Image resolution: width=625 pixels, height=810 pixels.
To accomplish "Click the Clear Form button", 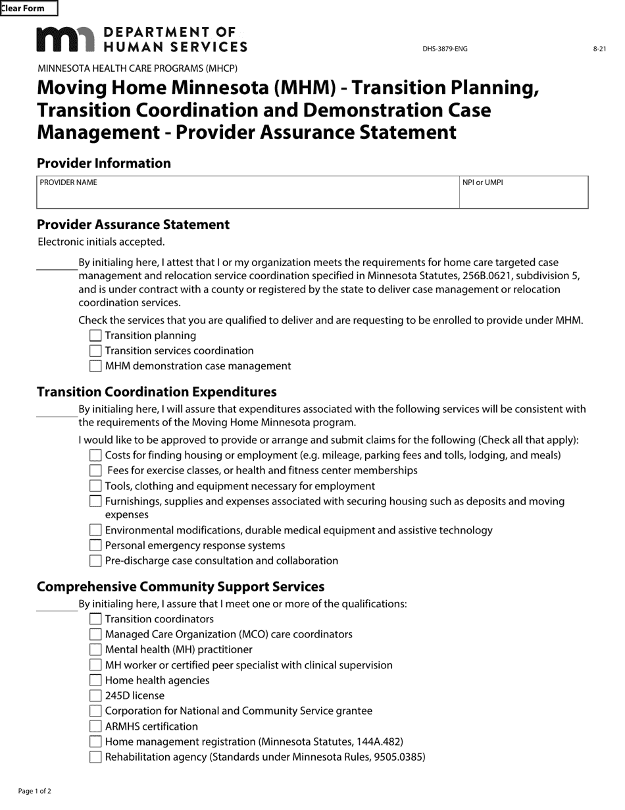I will pyautogui.click(x=28, y=9).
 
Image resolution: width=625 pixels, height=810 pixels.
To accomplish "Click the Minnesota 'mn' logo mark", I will pyautogui.click(x=65, y=40).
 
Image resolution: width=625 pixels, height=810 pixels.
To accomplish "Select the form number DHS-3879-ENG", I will pyautogui.click(x=445, y=49).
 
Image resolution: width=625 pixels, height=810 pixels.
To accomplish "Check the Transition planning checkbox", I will pyautogui.click(x=95, y=336).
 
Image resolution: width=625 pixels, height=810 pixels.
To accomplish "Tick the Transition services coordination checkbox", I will pyautogui.click(x=95, y=351).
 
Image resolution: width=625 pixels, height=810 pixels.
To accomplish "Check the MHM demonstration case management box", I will pyautogui.click(x=95, y=366).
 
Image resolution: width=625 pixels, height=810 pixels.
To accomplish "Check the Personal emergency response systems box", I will pyautogui.click(x=95, y=545).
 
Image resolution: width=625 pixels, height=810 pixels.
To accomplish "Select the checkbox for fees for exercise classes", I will pyautogui.click(x=95, y=471).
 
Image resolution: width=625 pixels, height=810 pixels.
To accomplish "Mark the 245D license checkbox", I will pyautogui.click(x=95, y=696).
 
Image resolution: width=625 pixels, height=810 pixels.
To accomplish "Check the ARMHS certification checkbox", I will pyautogui.click(x=95, y=726).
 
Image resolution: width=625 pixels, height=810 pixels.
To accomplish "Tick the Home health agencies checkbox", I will pyautogui.click(x=95, y=680).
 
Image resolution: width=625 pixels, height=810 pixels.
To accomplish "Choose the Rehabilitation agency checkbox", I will pyautogui.click(x=95, y=757).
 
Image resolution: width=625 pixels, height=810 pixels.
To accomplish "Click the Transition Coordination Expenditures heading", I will pyautogui.click(x=157, y=392).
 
